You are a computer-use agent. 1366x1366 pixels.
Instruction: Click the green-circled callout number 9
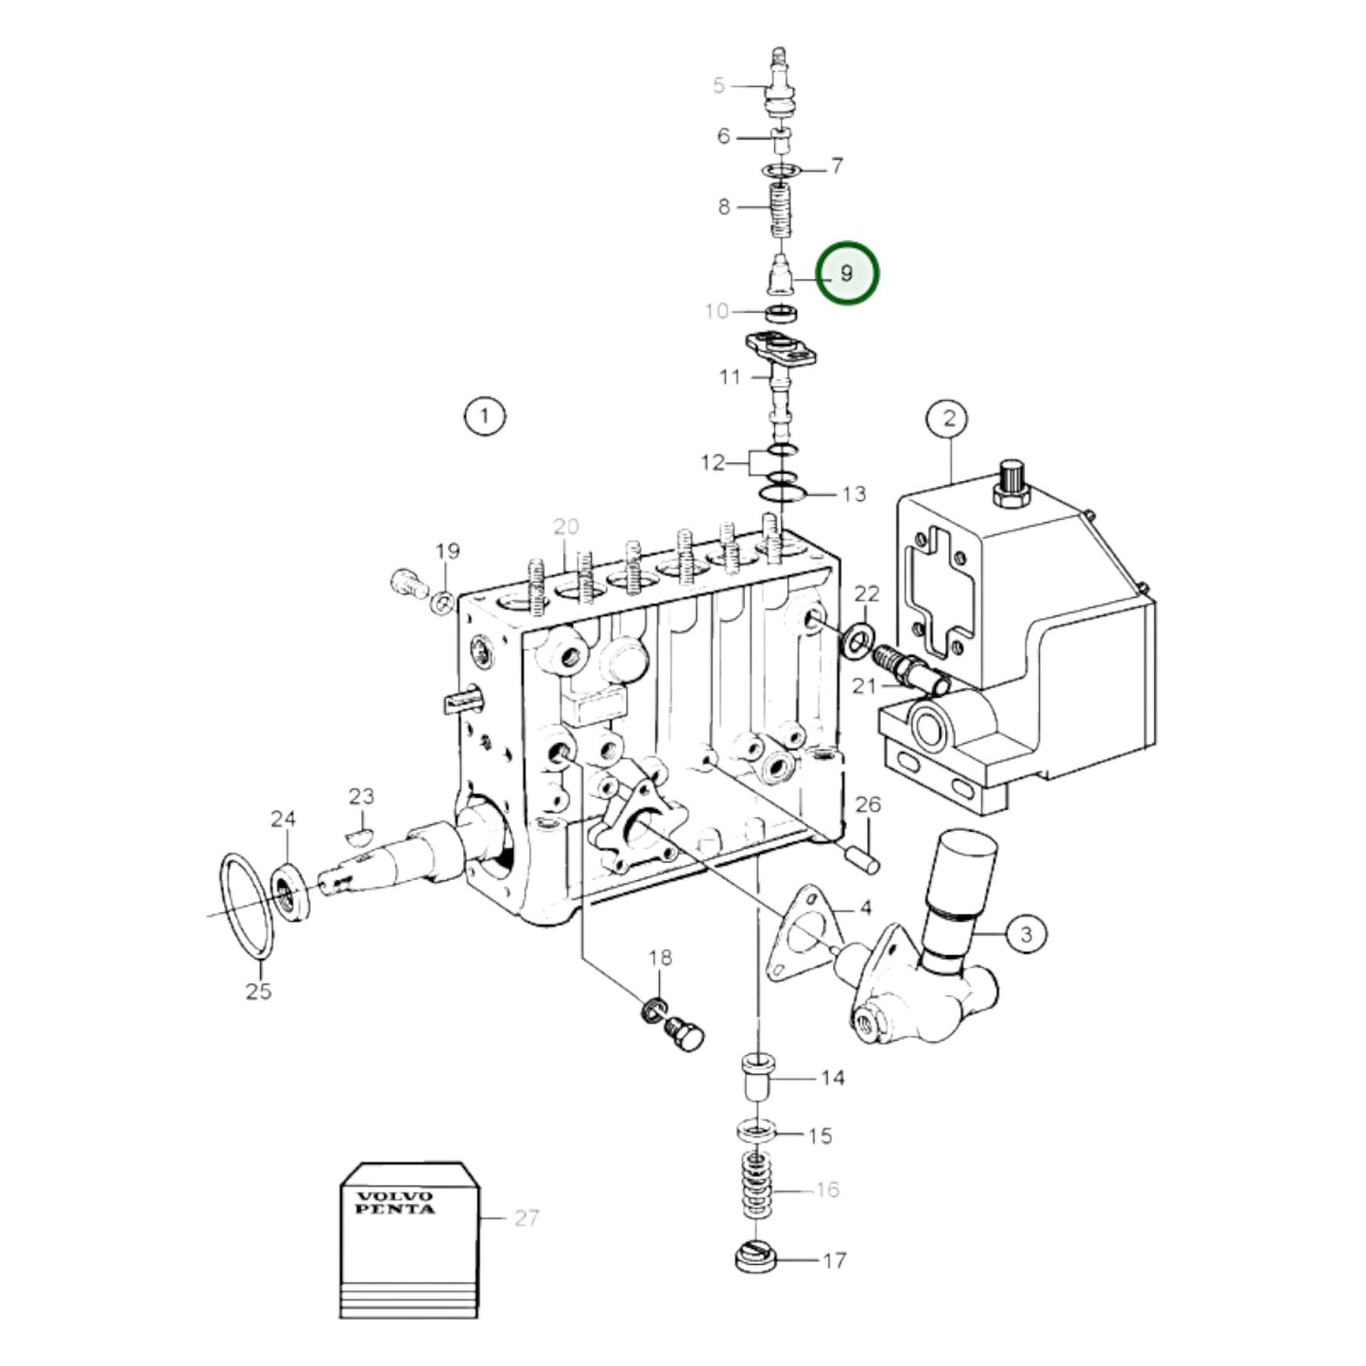[847, 273]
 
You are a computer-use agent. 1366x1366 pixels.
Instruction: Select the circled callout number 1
[484, 416]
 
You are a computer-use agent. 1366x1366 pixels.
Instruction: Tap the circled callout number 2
[949, 418]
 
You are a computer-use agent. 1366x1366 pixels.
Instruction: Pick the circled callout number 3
[1026, 935]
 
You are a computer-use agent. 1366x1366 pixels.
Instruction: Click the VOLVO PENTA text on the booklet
[395, 1202]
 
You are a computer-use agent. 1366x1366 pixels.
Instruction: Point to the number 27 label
[527, 1219]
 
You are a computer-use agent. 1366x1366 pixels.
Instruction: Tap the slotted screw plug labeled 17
[755, 1259]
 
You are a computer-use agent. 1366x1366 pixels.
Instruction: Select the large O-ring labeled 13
[784, 493]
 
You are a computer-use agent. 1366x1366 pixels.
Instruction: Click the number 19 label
[447, 550]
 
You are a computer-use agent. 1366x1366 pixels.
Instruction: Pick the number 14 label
[832, 1078]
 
